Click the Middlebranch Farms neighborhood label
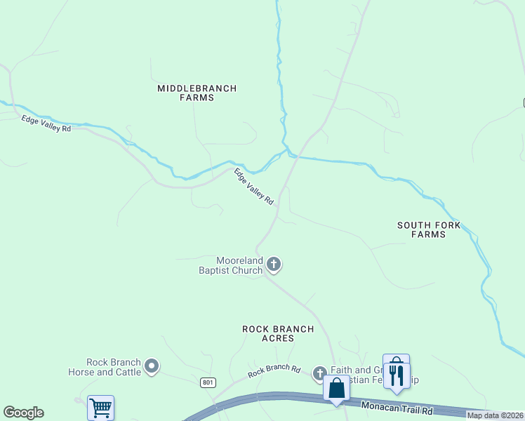pos(197,93)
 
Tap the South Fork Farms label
pos(429,229)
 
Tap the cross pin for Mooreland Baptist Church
pos(274,265)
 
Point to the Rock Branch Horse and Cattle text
pos(105,367)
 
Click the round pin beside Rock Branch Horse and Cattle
pos(152,366)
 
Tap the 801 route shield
pos(207,382)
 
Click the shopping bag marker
pos(337,387)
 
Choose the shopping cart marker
pos(100,407)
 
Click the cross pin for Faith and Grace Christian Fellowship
pos(319,373)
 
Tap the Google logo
pos(23,413)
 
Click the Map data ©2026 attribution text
pos(495,415)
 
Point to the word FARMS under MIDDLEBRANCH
pos(197,98)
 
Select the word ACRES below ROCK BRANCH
pos(278,338)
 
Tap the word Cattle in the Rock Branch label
pos(127,372)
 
